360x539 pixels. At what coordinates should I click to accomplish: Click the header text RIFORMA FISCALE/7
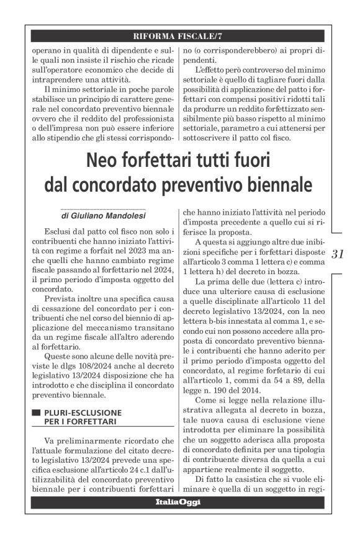pos(179,35)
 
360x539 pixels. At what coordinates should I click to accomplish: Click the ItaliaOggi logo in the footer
pos(179,502)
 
